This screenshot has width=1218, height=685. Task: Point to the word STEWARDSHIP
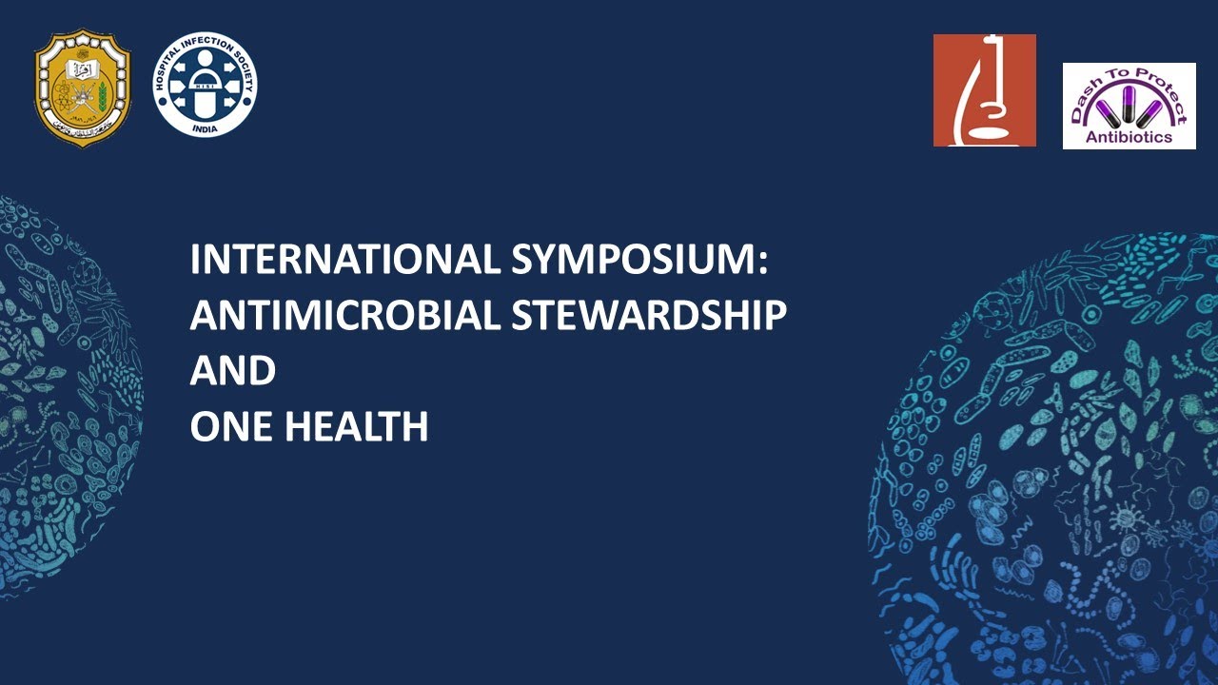(649, 316)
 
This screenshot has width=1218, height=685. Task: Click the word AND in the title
(232, 371)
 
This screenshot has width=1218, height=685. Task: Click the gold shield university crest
(83, 87)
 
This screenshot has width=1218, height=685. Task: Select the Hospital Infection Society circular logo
(206, 85)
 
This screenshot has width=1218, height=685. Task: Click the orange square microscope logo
(984, 90)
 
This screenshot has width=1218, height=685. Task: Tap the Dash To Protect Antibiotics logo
(1129, 106)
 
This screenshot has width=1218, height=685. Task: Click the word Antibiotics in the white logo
(1129, 139)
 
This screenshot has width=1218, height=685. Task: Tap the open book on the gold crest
(83, 68)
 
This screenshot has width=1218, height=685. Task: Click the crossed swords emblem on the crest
(83, 95)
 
